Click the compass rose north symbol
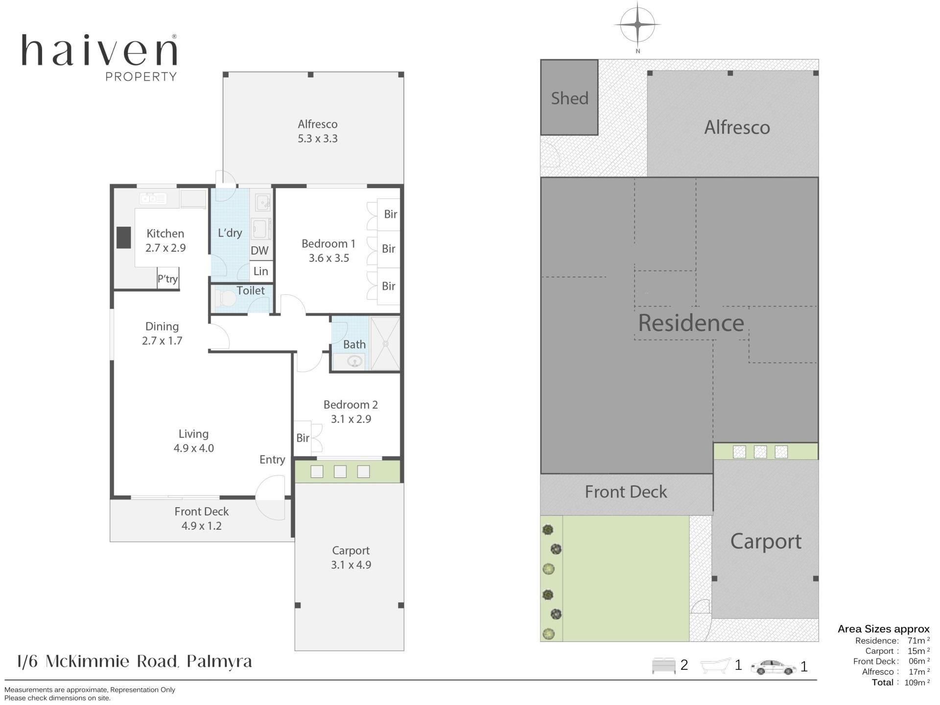[637, 24]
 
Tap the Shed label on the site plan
[569, 98]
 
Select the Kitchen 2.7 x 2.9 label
[165, 240]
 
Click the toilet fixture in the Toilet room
[225, 298]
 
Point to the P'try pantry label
[167, 279]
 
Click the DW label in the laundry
[259, 251]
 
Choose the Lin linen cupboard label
[260, 271]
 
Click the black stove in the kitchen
[123, 238]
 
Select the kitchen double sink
[153, 199]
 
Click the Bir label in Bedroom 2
[303, 438]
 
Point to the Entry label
[272, 460]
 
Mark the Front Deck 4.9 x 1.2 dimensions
[202, 526]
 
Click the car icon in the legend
[774, 667]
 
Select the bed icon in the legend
[663, 666]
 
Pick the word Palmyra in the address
[220, 662]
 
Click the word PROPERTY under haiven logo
[141, 76]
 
